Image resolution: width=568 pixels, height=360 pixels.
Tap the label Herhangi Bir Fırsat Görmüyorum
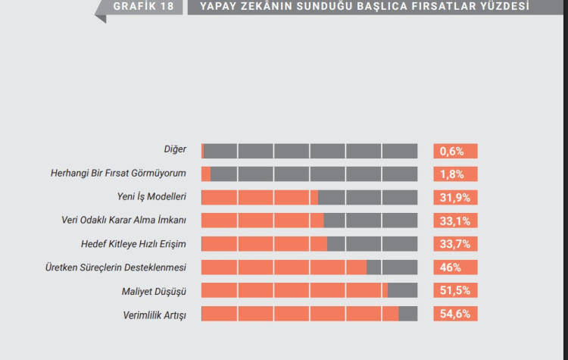(118, 174)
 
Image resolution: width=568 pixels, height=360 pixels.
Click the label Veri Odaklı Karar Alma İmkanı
(123, 221)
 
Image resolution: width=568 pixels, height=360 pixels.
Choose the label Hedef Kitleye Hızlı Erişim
(133, 244)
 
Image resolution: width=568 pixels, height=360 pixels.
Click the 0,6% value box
(455, 151)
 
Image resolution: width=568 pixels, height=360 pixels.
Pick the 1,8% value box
(455, 174)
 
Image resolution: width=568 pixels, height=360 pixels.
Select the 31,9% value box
(455, 198)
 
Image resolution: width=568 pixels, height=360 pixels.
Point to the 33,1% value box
(455, 221)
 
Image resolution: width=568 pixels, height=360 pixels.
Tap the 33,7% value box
(455, 244)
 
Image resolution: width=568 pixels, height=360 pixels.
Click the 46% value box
(455, 268)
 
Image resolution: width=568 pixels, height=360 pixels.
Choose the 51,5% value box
(455, 291)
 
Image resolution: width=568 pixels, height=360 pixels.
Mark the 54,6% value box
(455, 314)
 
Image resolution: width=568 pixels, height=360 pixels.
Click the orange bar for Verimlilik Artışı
(300, 314)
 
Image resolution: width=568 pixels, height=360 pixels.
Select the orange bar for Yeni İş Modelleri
(260, 198)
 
